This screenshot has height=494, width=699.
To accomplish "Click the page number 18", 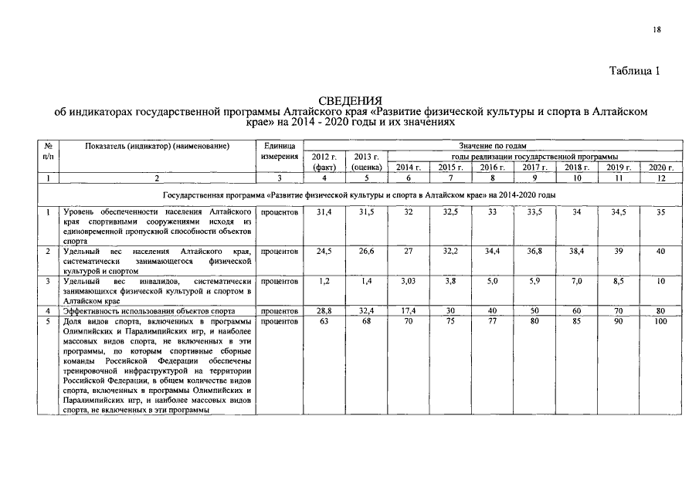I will pos(657,29).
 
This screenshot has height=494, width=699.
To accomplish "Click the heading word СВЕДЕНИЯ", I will pos(351,101).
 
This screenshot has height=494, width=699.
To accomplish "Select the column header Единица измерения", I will pos(280,151).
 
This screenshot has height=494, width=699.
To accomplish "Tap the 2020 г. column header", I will pos(661,167).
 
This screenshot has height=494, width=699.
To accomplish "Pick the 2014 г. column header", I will pos(408,167).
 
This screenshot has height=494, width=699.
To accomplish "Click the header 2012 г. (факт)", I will pos(324,161).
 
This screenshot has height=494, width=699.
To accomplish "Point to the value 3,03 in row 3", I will pos(408,282).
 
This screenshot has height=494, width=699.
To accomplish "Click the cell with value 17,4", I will pos(408,310).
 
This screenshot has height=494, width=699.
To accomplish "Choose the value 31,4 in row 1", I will pos(324,211).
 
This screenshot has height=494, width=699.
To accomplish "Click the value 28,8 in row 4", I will pos(324,310).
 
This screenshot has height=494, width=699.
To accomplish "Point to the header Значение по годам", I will pos(492,145).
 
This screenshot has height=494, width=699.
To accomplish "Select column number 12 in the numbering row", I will pos(661,178).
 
